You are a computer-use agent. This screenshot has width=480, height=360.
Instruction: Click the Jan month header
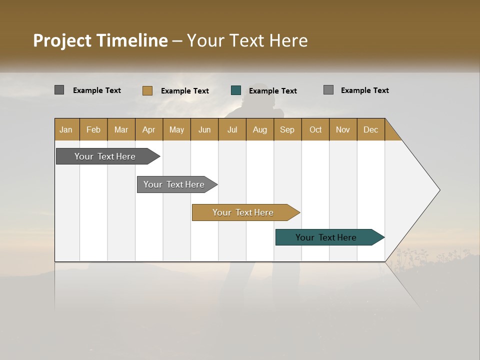(x=66, y=129)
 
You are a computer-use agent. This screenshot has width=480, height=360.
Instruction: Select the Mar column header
(x=121, y=129)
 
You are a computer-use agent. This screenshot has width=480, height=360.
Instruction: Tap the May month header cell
(x=176, y=129)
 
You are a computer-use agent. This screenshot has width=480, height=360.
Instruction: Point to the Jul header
(x=232, y=129)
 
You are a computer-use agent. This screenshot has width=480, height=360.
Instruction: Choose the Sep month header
(x=287, y=129)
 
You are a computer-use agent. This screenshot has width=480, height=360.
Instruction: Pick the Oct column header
(x=315, y=129)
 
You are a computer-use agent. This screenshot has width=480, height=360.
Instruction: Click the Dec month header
(x=370, y=129)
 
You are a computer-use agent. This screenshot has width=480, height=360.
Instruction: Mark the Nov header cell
(x=343, y=129)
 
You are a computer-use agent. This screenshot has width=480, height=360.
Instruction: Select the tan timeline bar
(x=243, y=212)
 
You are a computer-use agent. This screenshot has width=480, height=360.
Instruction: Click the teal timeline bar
(x=326, y=237)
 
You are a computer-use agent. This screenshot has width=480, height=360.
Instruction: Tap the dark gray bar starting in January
(x=105, y=156)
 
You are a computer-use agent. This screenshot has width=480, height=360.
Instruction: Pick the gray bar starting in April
(x=174, y=184)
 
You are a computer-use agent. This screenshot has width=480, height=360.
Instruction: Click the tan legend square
(x=147, y=90)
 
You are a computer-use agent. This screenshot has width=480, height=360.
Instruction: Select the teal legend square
(x=236, y=90)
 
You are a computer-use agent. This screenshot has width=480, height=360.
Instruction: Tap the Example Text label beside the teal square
(x=273, y=91)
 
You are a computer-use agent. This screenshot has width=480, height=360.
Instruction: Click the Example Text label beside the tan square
(x=185, y=91)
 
